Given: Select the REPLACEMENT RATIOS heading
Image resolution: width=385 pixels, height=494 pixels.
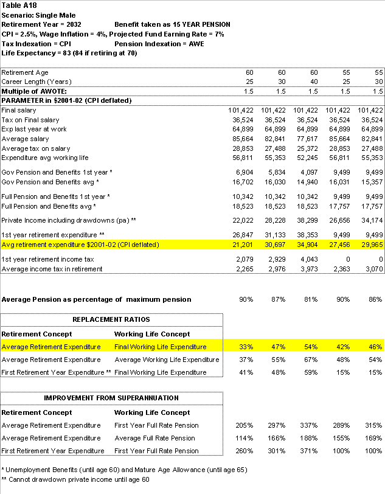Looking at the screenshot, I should coord(111,319).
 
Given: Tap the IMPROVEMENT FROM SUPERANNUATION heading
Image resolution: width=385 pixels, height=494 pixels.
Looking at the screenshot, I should coord(111,398).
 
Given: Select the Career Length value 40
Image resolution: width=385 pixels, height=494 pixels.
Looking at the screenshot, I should coord(313,82).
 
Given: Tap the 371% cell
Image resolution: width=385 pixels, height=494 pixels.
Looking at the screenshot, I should coord(310,451).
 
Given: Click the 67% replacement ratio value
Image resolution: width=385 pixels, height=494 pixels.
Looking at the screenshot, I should coord(310,360).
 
